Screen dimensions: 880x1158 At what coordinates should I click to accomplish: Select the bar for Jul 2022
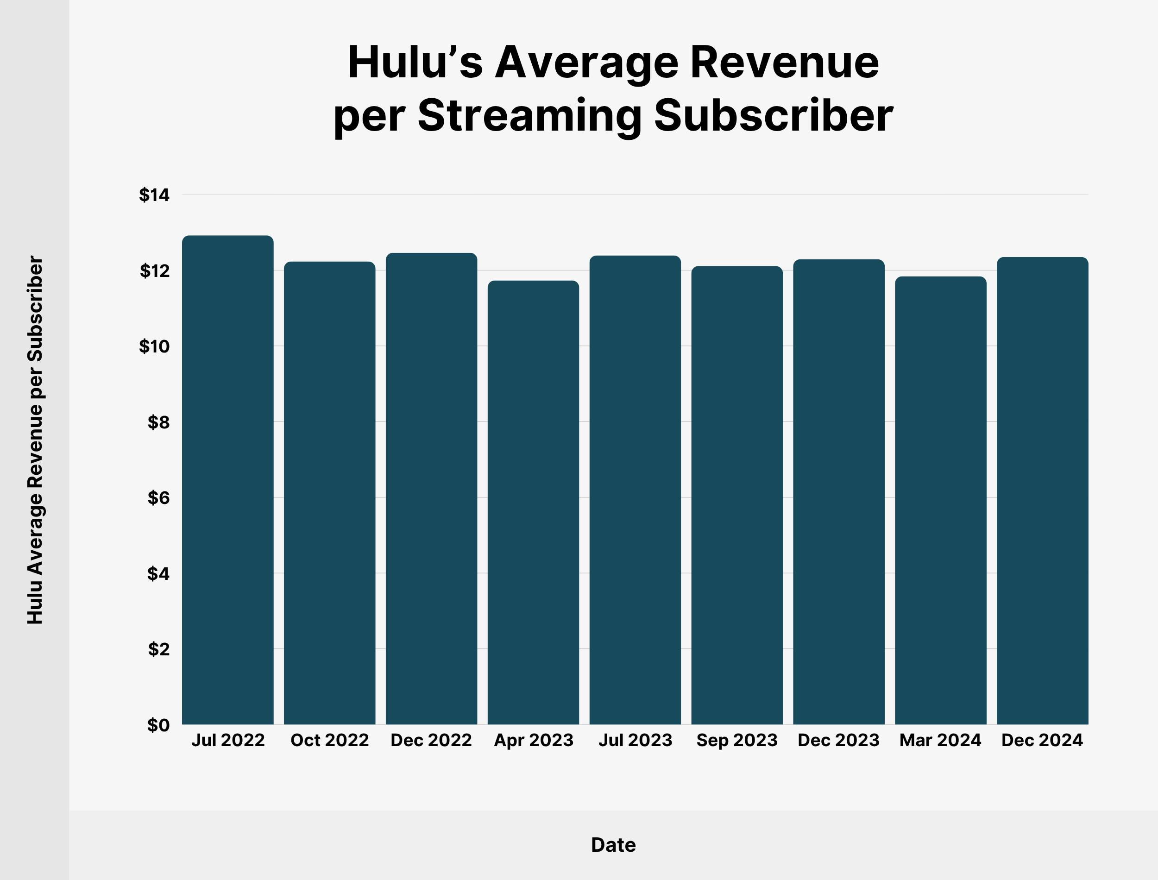(227, 480)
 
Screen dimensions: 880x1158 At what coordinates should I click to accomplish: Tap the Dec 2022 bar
(431, 488)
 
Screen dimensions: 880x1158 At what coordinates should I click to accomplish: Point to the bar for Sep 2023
(737, 495)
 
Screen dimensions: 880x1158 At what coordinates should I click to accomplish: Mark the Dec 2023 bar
(838, 491)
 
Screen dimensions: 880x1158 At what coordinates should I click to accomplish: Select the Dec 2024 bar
(1042, 490)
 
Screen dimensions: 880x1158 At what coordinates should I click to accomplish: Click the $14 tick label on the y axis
(154, 195)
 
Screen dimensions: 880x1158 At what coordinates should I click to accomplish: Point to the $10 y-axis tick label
(154, 346)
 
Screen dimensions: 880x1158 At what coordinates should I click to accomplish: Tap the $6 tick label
(158, 497)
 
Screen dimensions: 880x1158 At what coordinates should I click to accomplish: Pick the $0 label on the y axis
(158, 725)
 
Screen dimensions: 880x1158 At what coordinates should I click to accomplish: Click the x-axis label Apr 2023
(533, 740)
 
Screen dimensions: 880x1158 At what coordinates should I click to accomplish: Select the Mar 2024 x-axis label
(941, 740)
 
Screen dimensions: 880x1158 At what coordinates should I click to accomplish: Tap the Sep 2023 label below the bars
(737, 740)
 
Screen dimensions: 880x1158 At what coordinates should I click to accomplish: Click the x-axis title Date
(613, 845)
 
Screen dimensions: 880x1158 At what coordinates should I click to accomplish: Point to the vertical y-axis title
(35, 440)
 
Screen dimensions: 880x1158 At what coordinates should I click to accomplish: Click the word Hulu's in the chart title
(415, 63)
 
